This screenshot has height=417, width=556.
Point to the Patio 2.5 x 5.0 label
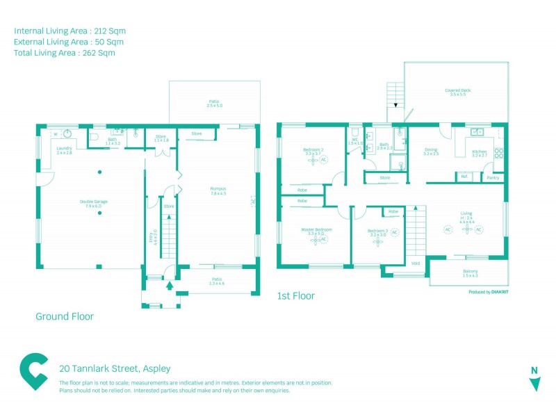pyautogui.click(x=214, y=103)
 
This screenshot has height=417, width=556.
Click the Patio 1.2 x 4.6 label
pyautogui.click(x=217, y=281)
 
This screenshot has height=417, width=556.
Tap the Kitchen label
pyautogui.click(x=480, y=152)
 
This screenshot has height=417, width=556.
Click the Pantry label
pyautogui.click(x=493, y=178)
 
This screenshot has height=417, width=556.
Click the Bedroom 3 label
pyautogui.click(x=378, y=232)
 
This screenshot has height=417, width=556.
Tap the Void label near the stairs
pyautogui.click(x=416, y=263)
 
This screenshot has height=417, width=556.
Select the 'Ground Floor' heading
pyautogui.click(x=65, y=316)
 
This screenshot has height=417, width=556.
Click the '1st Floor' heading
pyautogui.click(x=296, y=296)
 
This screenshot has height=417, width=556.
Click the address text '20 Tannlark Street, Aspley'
pyautogui.click(x=115, y=368)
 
